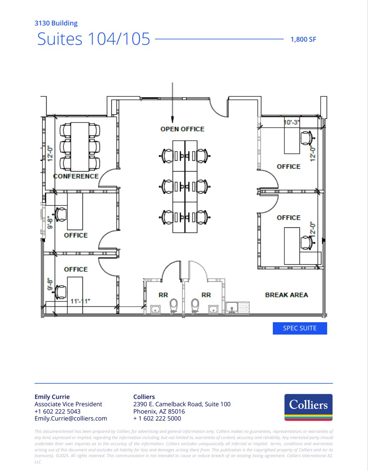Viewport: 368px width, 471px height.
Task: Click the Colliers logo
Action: click(x=308, y=407)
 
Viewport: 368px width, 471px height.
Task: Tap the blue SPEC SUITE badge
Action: click(x=300, y=328)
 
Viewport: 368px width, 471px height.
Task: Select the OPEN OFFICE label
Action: click(x=182, y=129)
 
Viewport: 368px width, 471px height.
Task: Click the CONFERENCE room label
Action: click(x=76, y=176)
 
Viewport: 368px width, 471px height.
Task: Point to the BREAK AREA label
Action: click(x=286, y=295)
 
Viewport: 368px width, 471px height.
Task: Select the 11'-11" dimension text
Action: click(x=80, y=301)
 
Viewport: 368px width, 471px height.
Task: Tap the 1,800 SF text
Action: click(x=303, y=39)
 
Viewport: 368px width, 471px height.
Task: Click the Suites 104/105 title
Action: click(x=94, y=39)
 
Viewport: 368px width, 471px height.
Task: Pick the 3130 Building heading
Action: click(x=56, y=23)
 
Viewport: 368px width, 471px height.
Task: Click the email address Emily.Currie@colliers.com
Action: click(x=71, y=418)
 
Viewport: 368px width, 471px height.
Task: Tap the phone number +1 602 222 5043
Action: click(x=57, y=411)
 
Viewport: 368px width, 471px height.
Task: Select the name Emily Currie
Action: click(x=52, y=397)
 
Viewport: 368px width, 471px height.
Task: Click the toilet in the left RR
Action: click(x=174, y=306)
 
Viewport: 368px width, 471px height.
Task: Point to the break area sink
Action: click(x=232, y=308)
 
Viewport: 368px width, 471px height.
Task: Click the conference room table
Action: click(x=80, y=147)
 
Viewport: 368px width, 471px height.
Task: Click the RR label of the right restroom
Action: click(x=206, y=295)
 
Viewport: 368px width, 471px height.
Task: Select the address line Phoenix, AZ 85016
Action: click(x=159, y=411)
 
